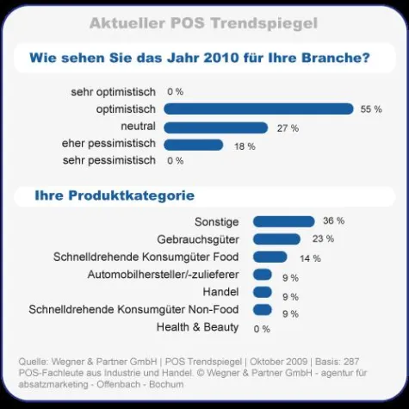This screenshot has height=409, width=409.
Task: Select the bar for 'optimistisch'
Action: tap(258, 109)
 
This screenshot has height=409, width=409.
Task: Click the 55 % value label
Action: tap(371, 109)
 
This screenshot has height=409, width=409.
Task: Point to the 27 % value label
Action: tap(288, 128)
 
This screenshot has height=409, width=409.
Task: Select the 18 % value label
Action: tap(245, 146)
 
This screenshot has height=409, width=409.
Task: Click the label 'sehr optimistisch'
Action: tap(113, 91)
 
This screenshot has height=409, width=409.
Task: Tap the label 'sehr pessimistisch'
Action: tap(109, 161)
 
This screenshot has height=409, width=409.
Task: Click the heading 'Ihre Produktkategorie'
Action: tap(114, 196)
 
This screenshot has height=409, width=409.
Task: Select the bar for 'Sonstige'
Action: tap(282, 221)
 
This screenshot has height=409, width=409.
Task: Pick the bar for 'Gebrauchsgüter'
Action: tap(276, 239)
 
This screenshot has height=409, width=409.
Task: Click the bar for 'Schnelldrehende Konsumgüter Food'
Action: tap(270, 257)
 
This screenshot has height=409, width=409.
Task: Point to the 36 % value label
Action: tap(333, 221)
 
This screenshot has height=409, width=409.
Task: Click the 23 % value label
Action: tap(323, 239)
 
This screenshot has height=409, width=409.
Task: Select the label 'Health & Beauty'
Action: tap(197, 327)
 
